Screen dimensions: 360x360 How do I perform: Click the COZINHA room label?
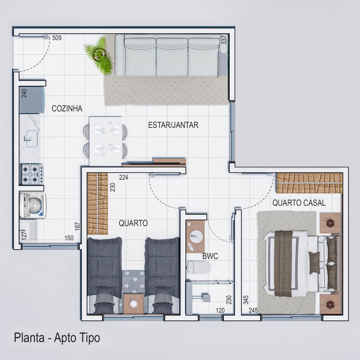(67, 108)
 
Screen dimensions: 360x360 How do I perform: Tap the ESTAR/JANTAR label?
(173, 125)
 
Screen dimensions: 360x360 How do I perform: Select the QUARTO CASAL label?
(299, 203)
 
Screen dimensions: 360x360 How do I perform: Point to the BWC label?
(210, 256)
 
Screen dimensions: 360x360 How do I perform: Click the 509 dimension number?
(57, 38)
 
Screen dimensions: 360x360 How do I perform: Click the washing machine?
(33, 206)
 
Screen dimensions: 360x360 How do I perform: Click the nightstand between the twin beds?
(133, 303)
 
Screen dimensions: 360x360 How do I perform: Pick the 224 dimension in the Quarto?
(123, 177)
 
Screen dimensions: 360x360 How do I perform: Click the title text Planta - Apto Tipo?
(57, 338)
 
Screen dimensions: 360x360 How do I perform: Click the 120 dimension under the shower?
(220, 310)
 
